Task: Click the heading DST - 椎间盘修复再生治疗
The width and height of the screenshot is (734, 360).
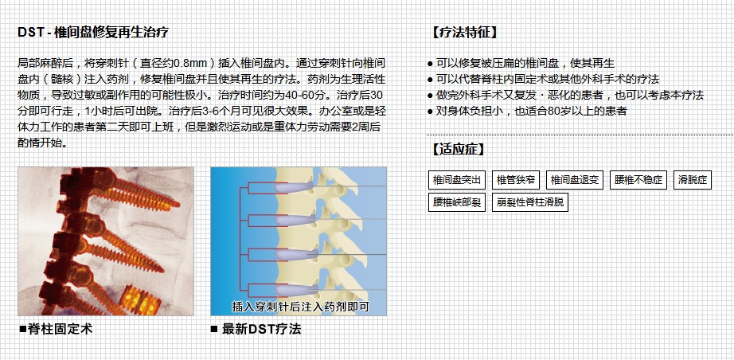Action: tap(92, 33)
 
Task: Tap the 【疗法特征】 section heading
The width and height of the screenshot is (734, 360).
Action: tap(464, 33)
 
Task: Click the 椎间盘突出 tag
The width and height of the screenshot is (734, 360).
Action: tap(457, 179)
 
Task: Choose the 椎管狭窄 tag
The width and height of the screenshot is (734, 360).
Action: tap(516, 179)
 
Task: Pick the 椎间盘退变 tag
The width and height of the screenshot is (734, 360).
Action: tap(576, 179)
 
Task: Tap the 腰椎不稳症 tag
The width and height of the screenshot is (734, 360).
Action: tap(638, 179)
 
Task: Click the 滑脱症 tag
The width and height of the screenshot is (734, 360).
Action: tap(693, 179)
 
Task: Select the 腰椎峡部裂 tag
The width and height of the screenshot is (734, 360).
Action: tap(457, 202)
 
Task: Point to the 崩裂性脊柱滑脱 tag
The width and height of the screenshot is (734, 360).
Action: tap(530, 202)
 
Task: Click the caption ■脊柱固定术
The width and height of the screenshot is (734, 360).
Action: tap(56, 328)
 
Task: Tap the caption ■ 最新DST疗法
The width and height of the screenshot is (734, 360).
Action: tap(256, 328)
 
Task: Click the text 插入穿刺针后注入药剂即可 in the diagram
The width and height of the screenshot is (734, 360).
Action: tap(300, 305)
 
